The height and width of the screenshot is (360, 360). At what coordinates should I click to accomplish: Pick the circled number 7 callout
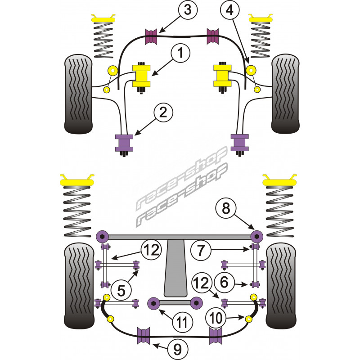(x=200, y=248)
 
